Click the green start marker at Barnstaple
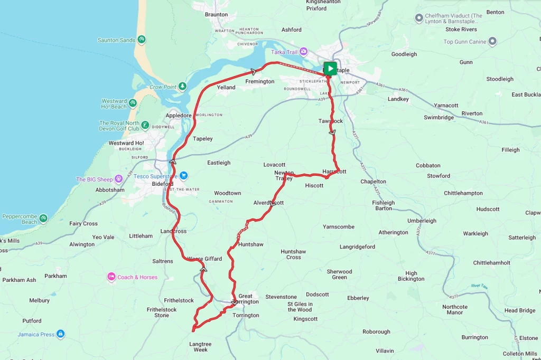(x=330, y=68)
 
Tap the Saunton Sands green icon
(x=142, y=40)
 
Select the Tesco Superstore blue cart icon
(x=183, y=176)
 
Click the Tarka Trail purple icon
(x=303, y=52)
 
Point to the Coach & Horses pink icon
(x=111, y=277)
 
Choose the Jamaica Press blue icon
(x=61, y=334)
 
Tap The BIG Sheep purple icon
(x=118, y=179)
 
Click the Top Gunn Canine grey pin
(x=492, y=42)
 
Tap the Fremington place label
(x=260, y=82)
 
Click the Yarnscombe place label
(x=339, y=227)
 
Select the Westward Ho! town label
(x=126, y=143)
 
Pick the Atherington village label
(x=393, y=232)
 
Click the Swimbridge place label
(x=439, y=118)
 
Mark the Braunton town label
(x=216, y=15)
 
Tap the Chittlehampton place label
(x=463, y=193)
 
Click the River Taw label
(x=481, y=286)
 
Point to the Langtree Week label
(x=200, y=347)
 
